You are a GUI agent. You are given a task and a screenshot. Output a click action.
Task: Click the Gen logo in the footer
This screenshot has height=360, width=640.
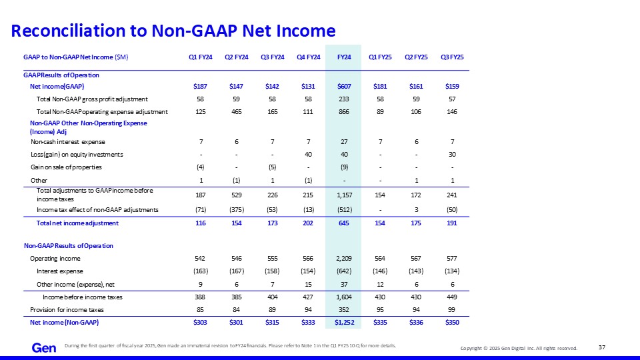pyautogui.click(x=44, y=348)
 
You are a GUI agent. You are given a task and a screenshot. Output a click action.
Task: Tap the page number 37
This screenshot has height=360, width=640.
pyautogui.click(x=602, y=347)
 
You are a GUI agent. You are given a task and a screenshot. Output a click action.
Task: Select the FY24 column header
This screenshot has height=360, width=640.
pyautogui.click(x=344, y=57)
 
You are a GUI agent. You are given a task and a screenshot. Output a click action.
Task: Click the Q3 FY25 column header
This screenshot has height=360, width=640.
pyautogui.click(x=452, y=57)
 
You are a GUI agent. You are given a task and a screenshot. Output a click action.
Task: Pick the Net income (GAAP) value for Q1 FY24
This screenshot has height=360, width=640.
pyautogui.click(x=201, y=87)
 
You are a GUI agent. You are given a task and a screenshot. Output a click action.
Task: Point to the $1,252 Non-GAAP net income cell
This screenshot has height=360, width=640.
pyautogui.click(x=344, y=323)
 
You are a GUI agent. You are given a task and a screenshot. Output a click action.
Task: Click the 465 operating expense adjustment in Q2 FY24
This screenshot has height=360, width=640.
pyautogui.click(x=236, y=112)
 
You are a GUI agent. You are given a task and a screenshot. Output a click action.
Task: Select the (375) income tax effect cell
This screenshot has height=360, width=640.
pyautogui.click(x=236, y=210)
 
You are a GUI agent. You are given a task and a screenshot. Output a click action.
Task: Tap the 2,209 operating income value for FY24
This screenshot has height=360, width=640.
pyautogui.click(x=344, y=259)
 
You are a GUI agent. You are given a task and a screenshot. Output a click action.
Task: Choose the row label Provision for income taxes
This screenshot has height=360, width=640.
pyautogui.click(x=67, y=310)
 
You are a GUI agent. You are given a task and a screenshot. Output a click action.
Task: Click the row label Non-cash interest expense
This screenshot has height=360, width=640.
pyautogui.click(x=68, y=142)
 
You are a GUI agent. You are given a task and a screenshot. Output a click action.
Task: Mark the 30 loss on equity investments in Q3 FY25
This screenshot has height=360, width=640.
pyautogui.click(x=452, y=155)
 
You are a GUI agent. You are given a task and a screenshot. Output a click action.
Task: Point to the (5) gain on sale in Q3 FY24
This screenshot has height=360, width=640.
pyautogui.click(x=272, y=167)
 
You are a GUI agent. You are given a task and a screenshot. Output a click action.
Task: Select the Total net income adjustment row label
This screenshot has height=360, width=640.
pyautogui.click(x=77, y=223)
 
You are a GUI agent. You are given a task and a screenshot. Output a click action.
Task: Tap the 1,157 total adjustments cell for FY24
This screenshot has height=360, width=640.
pyautogui.click(x=344, y=195)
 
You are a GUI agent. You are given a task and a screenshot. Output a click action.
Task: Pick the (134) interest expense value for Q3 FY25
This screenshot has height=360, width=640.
pyautogui.click(x=452, y=271)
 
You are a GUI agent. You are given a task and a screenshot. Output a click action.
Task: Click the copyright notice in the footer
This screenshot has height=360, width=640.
pyautogui.click(x=519, y=348)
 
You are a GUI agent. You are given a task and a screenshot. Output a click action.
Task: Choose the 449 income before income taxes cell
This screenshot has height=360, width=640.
pyautogui.click(x=452, y=297)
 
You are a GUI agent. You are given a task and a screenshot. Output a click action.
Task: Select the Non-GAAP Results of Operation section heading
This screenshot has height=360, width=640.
pyautogui.click(x=69, y=246)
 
